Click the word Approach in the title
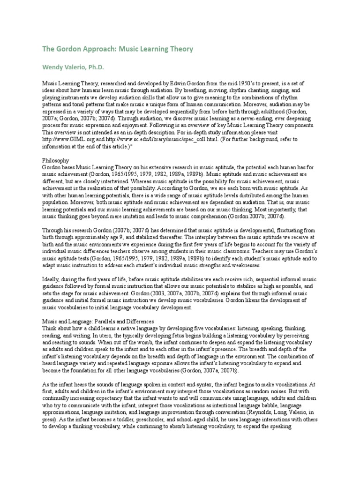coord(94,49)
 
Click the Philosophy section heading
coord(56,160)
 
